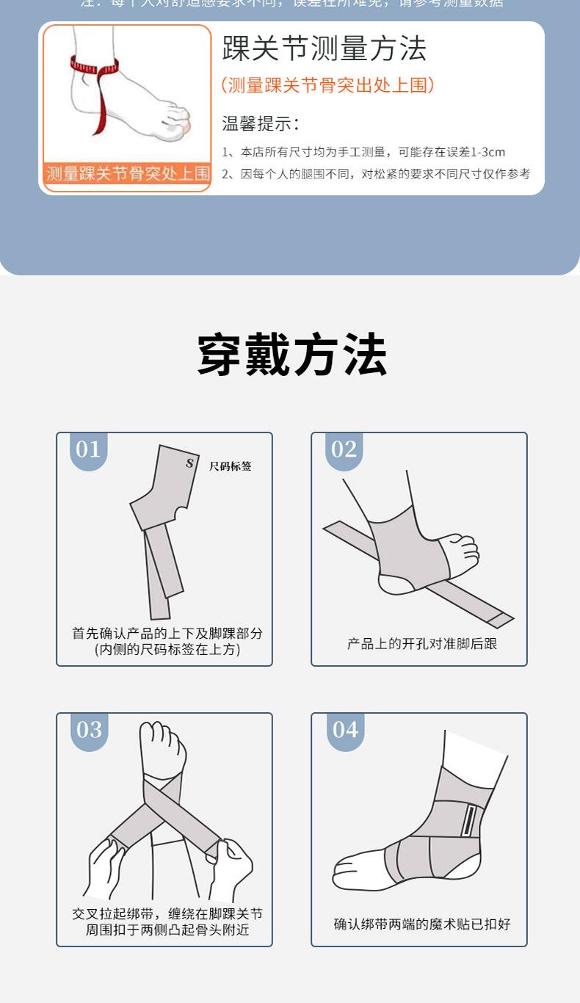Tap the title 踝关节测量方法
[x=324, y=48]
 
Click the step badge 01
[x=88, y=449]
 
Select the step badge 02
[x=344, y=449]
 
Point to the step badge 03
[x=89, y=730]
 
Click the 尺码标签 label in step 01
[x=230, y=466]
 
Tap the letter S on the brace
[x=189, y=463]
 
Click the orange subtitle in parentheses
[x=327, y=85]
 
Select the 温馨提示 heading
[x=261, y=123]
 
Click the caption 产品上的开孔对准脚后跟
[x=422, y=644]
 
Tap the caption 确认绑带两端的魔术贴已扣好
[x=422, y=924]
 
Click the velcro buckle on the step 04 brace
[x=468, y=821]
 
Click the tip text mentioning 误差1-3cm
[x=363, y=152]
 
